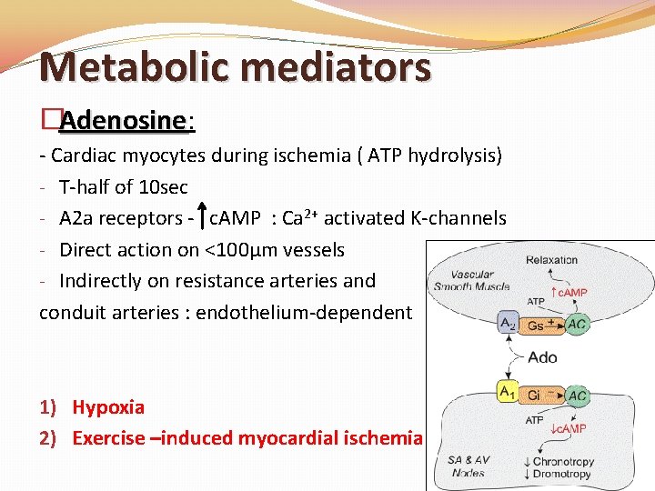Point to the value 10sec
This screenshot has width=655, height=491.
163,187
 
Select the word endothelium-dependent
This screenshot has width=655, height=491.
304,313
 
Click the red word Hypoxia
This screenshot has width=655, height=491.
108,407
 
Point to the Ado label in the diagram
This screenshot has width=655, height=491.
543,357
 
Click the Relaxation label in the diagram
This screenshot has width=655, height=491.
552,260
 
